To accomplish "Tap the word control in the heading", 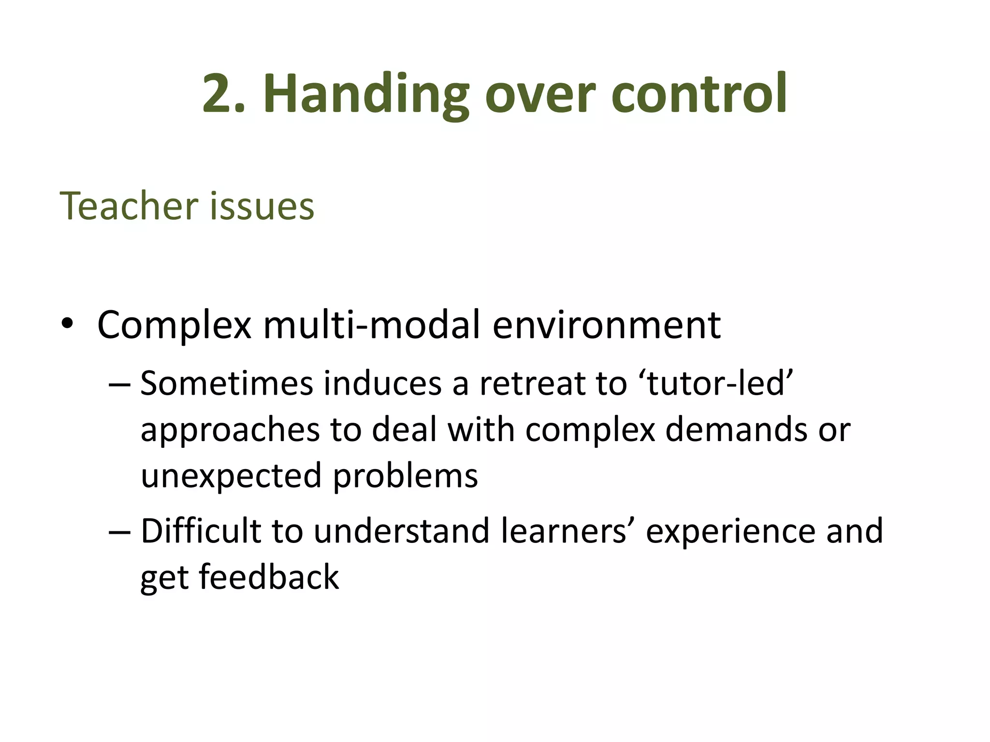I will coord(699,94).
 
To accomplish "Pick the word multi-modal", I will coord(372,325).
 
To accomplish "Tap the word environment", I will coord(607,325).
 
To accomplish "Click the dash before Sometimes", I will coord(119,384).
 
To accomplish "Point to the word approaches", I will coord(231,430).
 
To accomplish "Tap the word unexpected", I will coord(231,476).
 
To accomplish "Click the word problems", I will coord(406,476).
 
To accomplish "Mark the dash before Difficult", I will coord(119,531).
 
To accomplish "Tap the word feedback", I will coord(269,577).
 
